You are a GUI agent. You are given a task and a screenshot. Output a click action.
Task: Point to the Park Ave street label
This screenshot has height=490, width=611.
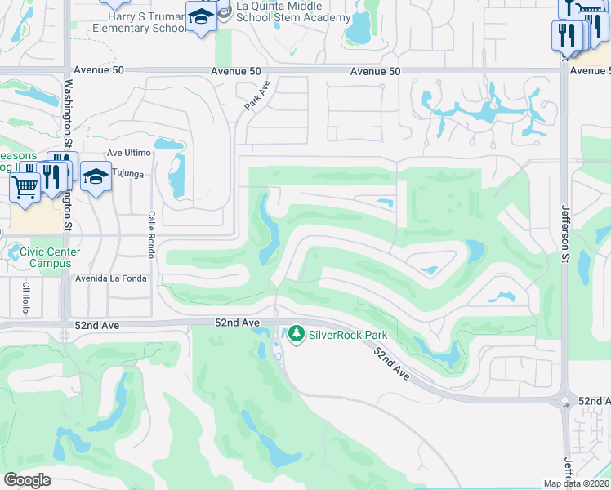coord(256,96)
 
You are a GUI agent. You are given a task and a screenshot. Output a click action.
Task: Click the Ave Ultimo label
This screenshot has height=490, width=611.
coord(129,153)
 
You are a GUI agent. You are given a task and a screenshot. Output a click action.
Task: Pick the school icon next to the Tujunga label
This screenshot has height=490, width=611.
coord(96,176)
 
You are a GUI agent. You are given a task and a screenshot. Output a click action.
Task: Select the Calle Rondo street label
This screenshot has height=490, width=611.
coord(151,225)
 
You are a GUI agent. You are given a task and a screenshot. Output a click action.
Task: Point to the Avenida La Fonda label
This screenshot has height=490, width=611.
coord(111,278)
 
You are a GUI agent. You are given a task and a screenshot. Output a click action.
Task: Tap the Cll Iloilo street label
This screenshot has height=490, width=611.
coord(26,297)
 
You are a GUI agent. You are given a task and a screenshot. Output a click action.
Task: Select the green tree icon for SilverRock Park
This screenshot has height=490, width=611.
coord(296,334)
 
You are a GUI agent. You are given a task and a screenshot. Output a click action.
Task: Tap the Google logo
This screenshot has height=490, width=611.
coord(27,480)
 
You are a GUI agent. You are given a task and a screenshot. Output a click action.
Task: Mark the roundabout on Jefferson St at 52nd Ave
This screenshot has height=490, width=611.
coord(564,402)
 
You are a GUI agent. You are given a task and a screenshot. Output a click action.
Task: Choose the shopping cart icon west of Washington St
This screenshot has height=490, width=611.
coord(24,186)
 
